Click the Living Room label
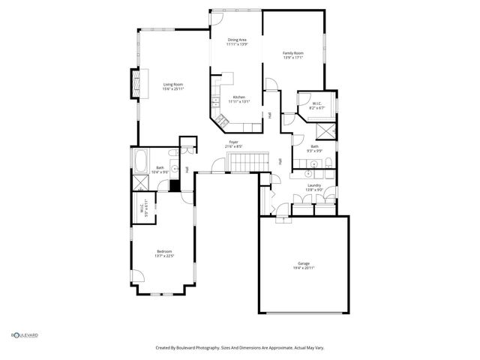[x=173, y=85]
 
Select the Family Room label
[x=292, y=53]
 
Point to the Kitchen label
[x=239, y=97]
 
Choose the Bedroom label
[x=164, y=250]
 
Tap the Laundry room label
[x=314, y=185]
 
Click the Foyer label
[x=235, y=142]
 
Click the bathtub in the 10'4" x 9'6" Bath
[x=142, y=160]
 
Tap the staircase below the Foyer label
[x=250, y=160]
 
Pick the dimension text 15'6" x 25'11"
[x=173, y=89]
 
